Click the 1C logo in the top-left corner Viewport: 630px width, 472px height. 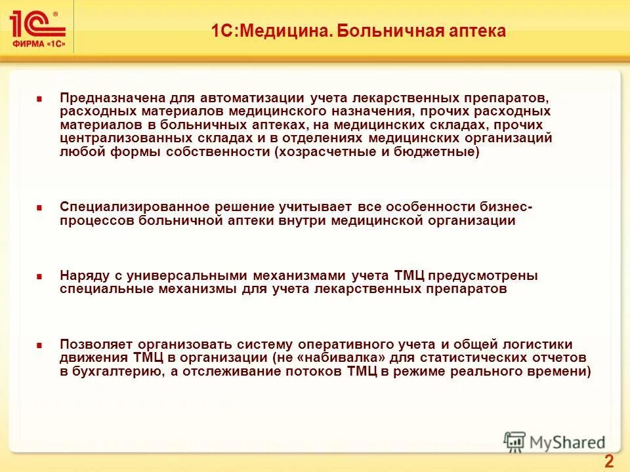click(37, 24)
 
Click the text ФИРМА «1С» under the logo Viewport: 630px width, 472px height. click(38, 45)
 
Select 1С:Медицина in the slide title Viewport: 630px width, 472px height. click(269, 31)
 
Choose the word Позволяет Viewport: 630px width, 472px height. click(90, 344)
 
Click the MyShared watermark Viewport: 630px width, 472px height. click(555, 442)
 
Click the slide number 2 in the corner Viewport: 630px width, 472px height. click(608, 461)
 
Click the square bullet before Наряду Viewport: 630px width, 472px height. click(39, 276)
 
